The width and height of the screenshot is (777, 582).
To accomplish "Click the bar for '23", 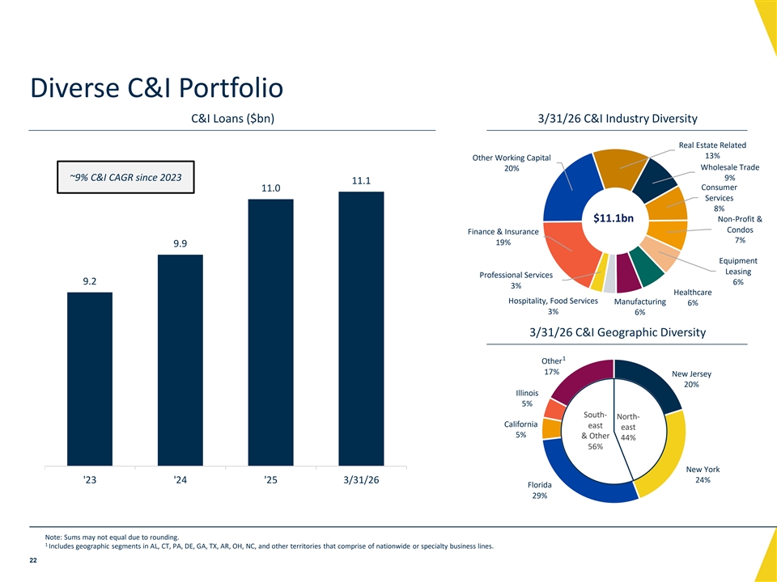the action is click(x=90, y=379).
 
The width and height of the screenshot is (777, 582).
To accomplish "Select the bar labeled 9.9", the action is click(x=180, y=361).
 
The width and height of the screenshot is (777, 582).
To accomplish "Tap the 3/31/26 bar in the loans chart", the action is click(x=361, y=329).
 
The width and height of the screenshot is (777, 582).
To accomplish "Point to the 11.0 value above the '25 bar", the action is click(x=271, y=188).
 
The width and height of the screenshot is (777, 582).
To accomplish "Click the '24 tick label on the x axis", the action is click(x=180, y=480).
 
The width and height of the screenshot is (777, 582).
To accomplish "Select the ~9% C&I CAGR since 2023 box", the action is click(x=126, y=177).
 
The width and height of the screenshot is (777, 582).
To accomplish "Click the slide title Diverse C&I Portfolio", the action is click(x=156, y=87).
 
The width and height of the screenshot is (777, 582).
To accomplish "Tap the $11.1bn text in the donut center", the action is click(x=614, y=218).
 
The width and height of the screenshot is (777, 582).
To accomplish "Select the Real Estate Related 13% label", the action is click(x=712, y=150).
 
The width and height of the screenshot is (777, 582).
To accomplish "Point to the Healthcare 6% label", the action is click(x=692, y=297).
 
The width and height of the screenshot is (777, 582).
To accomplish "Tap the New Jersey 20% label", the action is click(x=691, y=379).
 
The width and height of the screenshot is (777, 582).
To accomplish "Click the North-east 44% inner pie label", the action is click(x=628, y=427).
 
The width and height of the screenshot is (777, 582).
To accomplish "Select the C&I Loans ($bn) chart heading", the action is click(x=232, y=119).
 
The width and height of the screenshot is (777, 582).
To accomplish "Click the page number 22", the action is click(x=33, y=560).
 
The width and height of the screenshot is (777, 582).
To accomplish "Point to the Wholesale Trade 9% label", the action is click(x=729, y=172).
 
